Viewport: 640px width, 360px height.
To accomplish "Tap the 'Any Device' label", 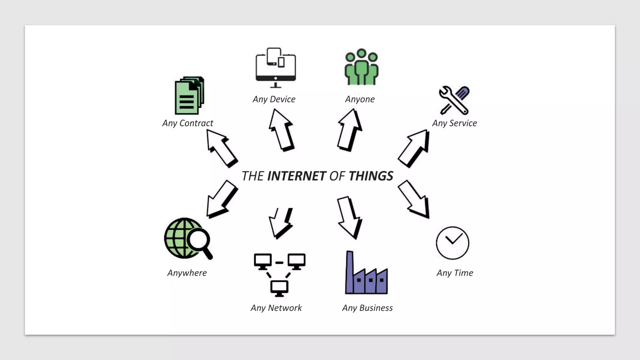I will (x=274, y=99).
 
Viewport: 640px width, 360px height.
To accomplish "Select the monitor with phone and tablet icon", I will (x=276, y=68).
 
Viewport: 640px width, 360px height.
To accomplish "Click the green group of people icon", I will (x=361, y=67).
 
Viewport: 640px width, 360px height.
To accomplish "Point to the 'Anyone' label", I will (x=360, y=99).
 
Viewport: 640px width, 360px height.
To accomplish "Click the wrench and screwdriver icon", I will (x=454, y=100).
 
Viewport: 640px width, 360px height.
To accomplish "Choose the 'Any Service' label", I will (x=454, y=123).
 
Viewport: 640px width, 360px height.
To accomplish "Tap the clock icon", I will (x=452, y=243).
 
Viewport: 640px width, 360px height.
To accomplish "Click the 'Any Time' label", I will (x=455, y=273).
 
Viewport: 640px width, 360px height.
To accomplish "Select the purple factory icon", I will (x=366, y=273).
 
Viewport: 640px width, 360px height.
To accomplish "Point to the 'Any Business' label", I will (x=367, y=308).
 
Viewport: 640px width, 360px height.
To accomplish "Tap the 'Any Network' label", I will (x=276, y=308).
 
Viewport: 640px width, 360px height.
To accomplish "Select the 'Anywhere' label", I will (x=187, y=273).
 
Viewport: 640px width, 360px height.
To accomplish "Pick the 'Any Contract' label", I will (x=187, y=123).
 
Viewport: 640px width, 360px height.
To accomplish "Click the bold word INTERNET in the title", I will (x=297, y=176).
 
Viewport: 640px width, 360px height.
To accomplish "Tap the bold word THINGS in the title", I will (x=371, y=176).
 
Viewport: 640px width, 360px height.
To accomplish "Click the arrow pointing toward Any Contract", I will (x=222, y=148).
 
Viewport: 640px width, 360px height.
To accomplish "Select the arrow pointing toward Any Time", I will (x=414, y=199).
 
